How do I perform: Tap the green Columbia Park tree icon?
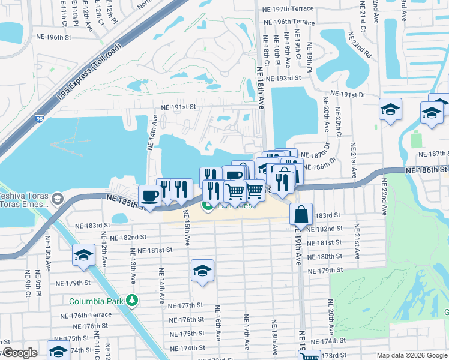pyautogui.click(x=132, y=301)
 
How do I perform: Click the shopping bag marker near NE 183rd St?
pyautogui.click(x=301, y=214)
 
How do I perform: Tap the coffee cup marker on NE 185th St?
pyautogui.click(x=149, y=196)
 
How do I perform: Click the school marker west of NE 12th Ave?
pyautogui.click(x=83, y=255)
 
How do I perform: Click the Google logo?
pyautogui.click(x=19, y=353)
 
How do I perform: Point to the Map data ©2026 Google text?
pyautogui.click(x=411, y=355)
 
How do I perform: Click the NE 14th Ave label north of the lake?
pyautogui.click(x=151, y=137)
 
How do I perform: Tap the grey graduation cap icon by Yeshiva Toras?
pyautogui.click(x=58, y=199)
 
